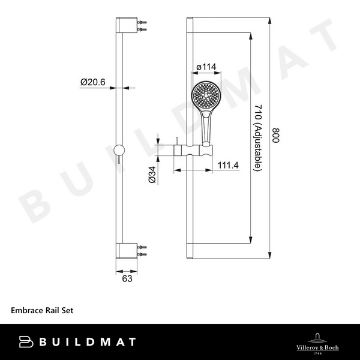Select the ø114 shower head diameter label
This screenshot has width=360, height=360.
pos(206,67)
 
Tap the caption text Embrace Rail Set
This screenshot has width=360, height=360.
pos(42,311)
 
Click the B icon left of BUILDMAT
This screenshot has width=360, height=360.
pos(25,342)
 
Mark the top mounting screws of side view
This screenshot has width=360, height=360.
pos(142,28)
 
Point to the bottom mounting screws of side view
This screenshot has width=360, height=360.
pos(142,250)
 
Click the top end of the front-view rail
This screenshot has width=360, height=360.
pos(190,22)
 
